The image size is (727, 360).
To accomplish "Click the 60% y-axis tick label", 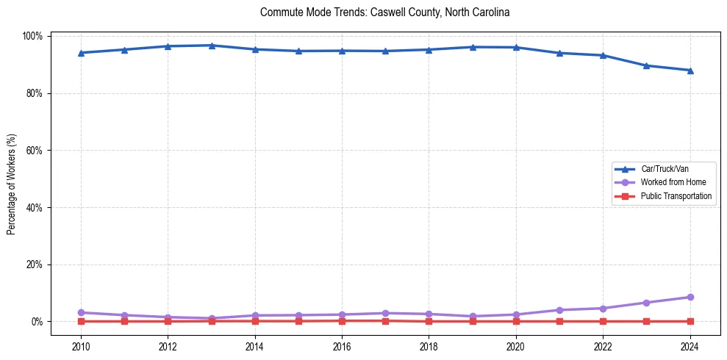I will [x=35, y=151].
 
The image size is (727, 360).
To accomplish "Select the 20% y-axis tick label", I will [x=35, y=264].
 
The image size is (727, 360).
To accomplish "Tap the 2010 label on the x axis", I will [x=81, y=347].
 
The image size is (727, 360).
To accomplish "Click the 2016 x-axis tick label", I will [x=342, y=347].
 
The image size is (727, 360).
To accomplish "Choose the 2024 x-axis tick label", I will [x=690, y=347].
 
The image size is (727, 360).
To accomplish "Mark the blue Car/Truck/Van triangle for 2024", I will [x=690, y=71].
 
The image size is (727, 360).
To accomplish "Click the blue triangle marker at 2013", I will [x=212, y=46].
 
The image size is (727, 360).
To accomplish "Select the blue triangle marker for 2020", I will [x=516, y=47].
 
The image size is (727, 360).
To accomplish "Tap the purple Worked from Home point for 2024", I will [x=690, y=297].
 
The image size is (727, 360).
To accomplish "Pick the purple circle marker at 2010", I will [x=81, y=312].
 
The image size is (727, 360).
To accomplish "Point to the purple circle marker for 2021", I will [x=559, y=310].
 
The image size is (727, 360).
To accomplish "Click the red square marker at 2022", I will [x=603, y=321].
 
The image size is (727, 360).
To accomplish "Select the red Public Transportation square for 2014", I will [x=255, y=321].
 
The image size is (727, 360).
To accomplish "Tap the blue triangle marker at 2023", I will [x=647, y=65].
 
